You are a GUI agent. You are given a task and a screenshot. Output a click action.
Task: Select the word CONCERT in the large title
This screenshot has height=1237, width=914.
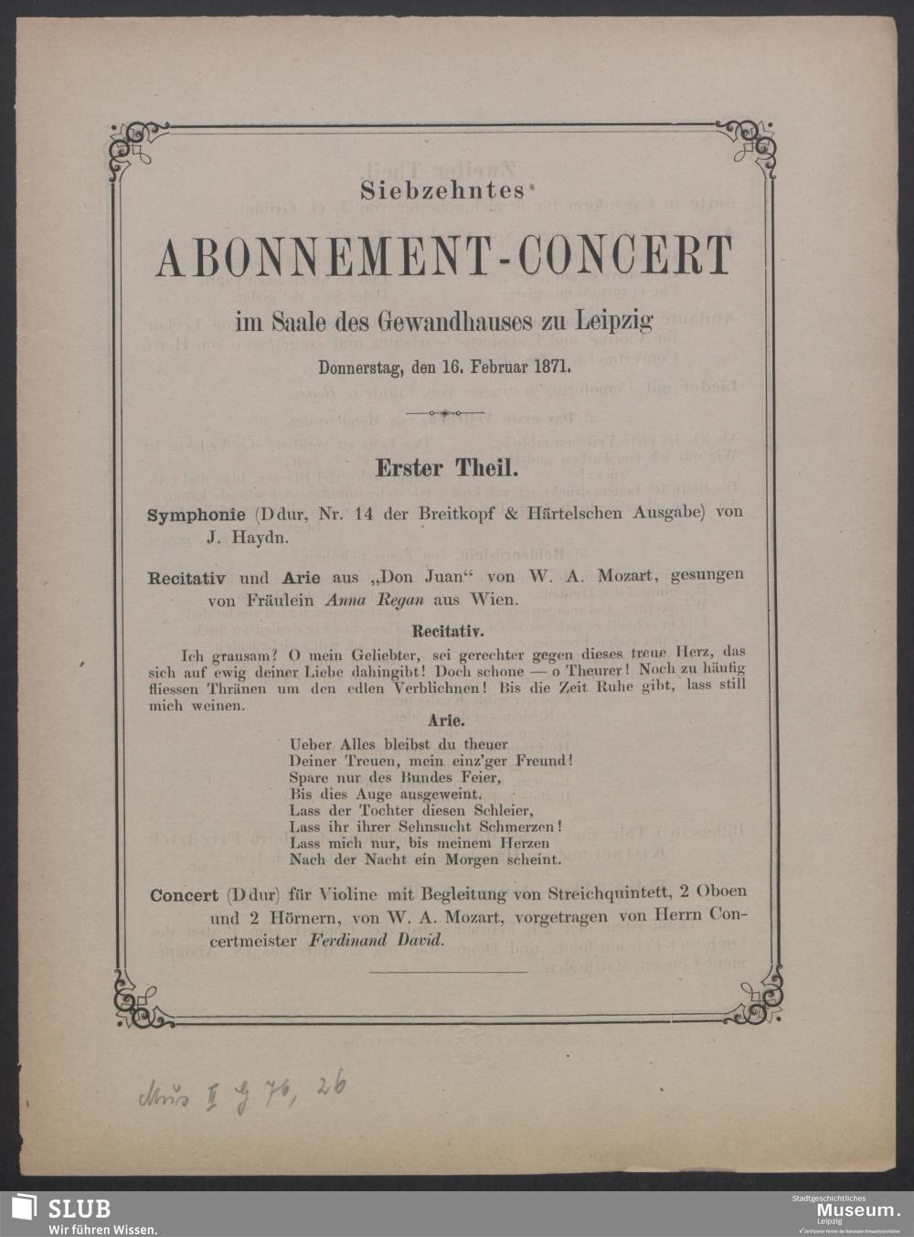coord(625,257)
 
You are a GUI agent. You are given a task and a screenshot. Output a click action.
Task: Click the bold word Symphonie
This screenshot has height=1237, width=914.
coord(197,514)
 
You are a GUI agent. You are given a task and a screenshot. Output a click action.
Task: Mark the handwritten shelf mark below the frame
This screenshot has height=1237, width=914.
coord(241,1090)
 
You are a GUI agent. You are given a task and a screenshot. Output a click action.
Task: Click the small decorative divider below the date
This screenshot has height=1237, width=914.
coord(445,413)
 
